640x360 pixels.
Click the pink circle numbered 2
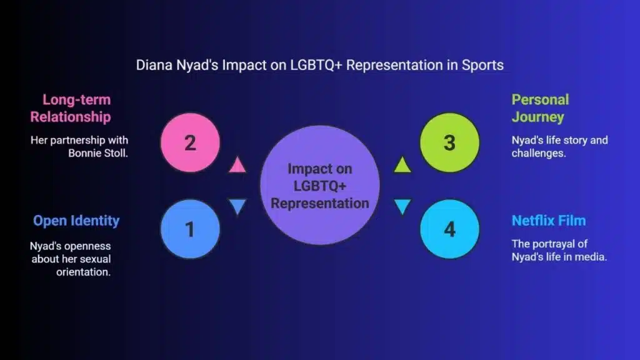pos(190,142)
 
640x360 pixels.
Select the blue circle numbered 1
pos(190,229)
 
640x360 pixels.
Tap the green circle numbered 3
pos(449,142)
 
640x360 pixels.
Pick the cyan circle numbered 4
pos(449,229)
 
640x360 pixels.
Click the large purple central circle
pos(320,185)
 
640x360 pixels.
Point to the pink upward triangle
pos(237,165)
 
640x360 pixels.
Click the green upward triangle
pos(402,165)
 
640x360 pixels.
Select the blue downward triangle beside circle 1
pos(237,206)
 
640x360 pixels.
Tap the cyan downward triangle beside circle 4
pos(402,206)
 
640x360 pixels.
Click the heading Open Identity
pos(76,221)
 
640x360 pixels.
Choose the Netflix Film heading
pos(549,221)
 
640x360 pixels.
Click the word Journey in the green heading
pos(538,117)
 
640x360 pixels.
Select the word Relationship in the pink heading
pos(71,117)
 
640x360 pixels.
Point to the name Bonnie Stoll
pos(98,153)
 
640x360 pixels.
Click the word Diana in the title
pos(154,65)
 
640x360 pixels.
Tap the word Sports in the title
pos(483,65)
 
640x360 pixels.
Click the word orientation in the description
pos(83,272)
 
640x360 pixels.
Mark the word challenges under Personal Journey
pos(539,154)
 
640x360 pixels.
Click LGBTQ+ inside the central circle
pos(320,186)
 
